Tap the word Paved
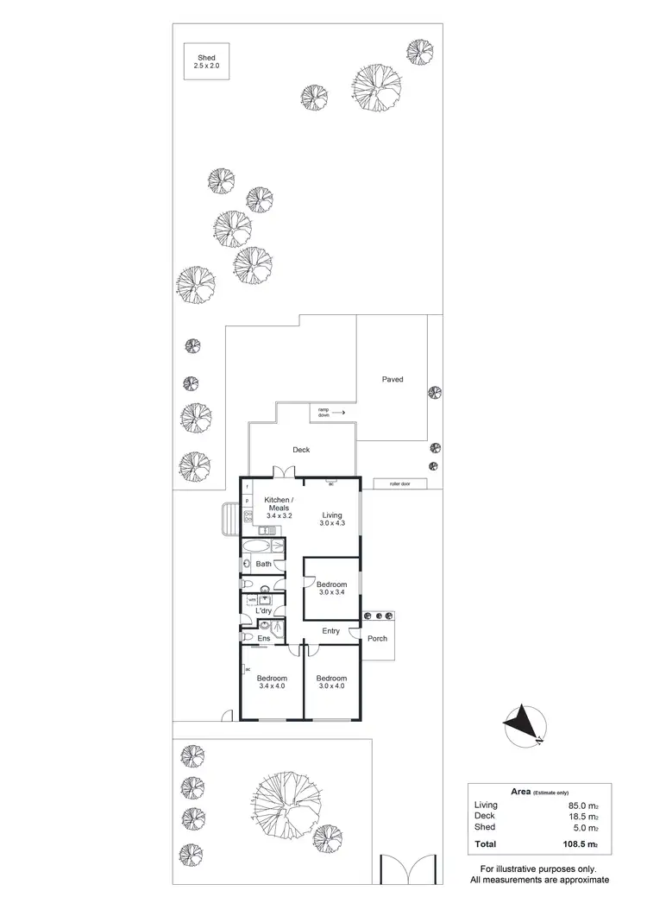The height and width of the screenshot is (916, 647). click(393, 379)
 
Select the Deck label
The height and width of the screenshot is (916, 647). click(300, 450)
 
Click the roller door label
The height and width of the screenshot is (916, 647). click(400, 484)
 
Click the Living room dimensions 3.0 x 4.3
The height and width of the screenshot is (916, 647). click(332, 523)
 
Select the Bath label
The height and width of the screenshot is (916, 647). click(263, 564)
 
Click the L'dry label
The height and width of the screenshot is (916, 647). click(263, 611)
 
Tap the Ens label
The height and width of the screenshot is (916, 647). click(264, 638)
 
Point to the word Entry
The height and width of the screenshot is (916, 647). click(331, 631)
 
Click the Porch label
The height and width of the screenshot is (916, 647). click(377, 639)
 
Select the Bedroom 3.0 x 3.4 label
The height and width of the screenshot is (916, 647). click(332, 589)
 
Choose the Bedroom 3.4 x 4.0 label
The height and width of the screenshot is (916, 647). click(272, 682)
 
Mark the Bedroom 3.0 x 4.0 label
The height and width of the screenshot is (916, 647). click(331, 682)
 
